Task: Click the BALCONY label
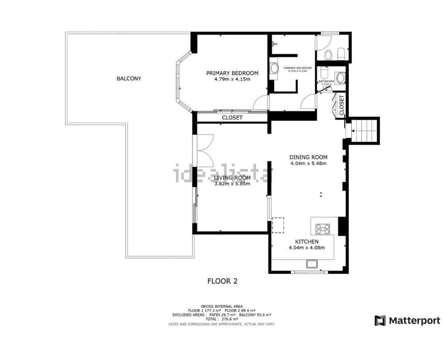point(129,79)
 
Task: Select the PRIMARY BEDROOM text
point(232,73)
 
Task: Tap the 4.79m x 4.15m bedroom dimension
point(232,79)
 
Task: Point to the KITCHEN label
point(306,242)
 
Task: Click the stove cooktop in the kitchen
point(323,229)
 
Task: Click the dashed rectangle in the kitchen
point(278,225)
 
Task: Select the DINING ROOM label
point(308,157)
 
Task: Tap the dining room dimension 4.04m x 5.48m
point(308,163)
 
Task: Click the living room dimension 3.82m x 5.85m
point(232,184)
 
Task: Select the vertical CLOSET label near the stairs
point(341,105)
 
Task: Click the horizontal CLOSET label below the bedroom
point(232,118)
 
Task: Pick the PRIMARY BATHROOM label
point(297,68)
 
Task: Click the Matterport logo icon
point(380,321)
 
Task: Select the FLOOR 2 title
point(222,281)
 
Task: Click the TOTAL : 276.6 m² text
point(221,319)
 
